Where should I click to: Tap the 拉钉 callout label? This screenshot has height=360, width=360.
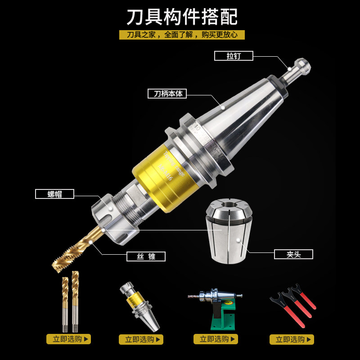(234, 56)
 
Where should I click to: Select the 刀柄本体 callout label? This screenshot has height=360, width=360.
(167, 94)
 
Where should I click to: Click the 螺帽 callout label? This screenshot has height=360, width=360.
(54, 194)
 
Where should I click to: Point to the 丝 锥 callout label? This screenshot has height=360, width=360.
(146, 256)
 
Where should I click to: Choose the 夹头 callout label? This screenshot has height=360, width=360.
(293, 254)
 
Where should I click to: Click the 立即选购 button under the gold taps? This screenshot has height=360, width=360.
(68, 339)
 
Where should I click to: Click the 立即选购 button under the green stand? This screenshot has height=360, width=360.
(216, 339)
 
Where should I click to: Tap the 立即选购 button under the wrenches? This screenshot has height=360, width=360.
(292, 339)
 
